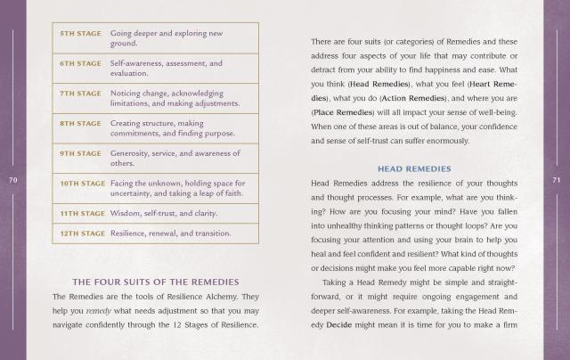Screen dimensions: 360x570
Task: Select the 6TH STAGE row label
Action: [x=80, y=64]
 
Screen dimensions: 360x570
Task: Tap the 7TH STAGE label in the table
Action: [x=80, y=93]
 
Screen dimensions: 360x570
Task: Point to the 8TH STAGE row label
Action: [x=80, y=123]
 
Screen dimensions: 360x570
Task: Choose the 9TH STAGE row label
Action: [x=80, y=153]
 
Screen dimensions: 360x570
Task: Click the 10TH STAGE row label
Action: [x=83, y=184]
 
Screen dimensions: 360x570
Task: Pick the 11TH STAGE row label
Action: [x=83, y=214]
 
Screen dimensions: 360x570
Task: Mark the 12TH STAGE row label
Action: [x=83, y=233]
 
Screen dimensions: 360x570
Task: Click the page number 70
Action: [x=12, y=180]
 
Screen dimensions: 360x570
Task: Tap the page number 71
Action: [x=557, y=180]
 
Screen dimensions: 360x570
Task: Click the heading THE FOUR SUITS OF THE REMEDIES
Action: [x=153, y=281]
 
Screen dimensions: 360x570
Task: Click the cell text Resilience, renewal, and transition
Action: [x=170, y=233]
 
